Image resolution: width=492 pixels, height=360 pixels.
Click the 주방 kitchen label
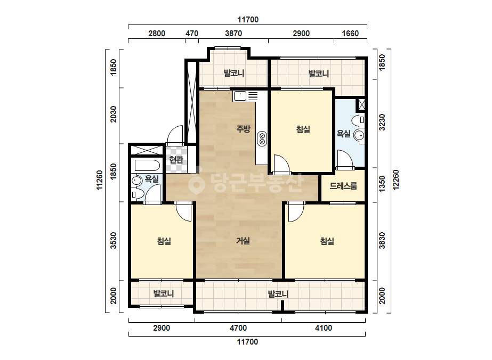[243, 129]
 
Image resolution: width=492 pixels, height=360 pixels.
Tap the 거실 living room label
[243, 241]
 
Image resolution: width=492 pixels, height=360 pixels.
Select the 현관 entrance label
[176, 159]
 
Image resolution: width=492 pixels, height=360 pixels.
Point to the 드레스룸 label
[343, 186]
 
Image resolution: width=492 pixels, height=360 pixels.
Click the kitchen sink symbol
[240, 96]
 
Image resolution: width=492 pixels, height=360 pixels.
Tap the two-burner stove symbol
[262, 138]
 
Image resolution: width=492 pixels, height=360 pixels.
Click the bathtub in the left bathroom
[147, 165]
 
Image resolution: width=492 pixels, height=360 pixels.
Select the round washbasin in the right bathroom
[359, 135]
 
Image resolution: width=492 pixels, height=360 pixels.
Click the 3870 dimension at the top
[233, 33]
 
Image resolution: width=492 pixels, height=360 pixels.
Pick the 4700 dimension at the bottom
[238, 328]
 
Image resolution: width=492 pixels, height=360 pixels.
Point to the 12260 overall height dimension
[396, 179]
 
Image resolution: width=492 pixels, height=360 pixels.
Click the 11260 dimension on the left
[100, 180]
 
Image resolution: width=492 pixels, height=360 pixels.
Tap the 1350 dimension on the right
[382, 184]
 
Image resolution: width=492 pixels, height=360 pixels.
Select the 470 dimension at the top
[192, 33]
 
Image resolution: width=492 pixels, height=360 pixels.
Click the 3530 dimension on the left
[114, 240]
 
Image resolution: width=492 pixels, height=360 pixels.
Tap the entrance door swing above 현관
[175, 135]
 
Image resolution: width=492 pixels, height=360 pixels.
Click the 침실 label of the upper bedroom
[303, 129]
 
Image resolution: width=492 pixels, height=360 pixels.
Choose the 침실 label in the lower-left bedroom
[164, 241]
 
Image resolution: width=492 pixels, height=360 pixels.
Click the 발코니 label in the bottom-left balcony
[163, 294]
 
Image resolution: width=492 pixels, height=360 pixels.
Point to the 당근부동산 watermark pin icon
[196, 183]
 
